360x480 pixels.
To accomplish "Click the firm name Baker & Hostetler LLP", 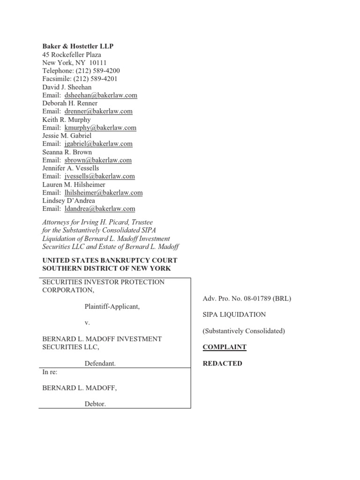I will pyautogui.click(x=78, y=46).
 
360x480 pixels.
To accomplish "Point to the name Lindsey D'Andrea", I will pyautogui.click(x=68, y=201).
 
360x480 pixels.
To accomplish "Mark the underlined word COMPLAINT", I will pyautogui.click(x=225, y=347).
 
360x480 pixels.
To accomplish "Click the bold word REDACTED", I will pyautogui.click(x=222, y=363).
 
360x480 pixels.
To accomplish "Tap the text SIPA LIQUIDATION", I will pyautogui.click(x=234, y=315).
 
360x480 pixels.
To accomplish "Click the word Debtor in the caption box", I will pyautogui.click(x=95, y=404).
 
